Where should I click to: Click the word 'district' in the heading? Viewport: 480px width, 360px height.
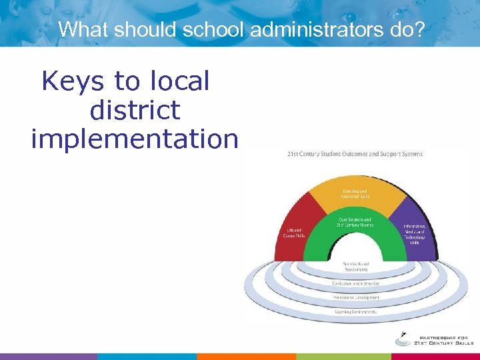135,110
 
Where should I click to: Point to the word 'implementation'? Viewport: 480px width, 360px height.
135,139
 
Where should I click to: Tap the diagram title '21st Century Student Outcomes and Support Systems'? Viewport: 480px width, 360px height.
355,154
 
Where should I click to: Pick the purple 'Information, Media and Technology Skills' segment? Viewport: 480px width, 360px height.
415,233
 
